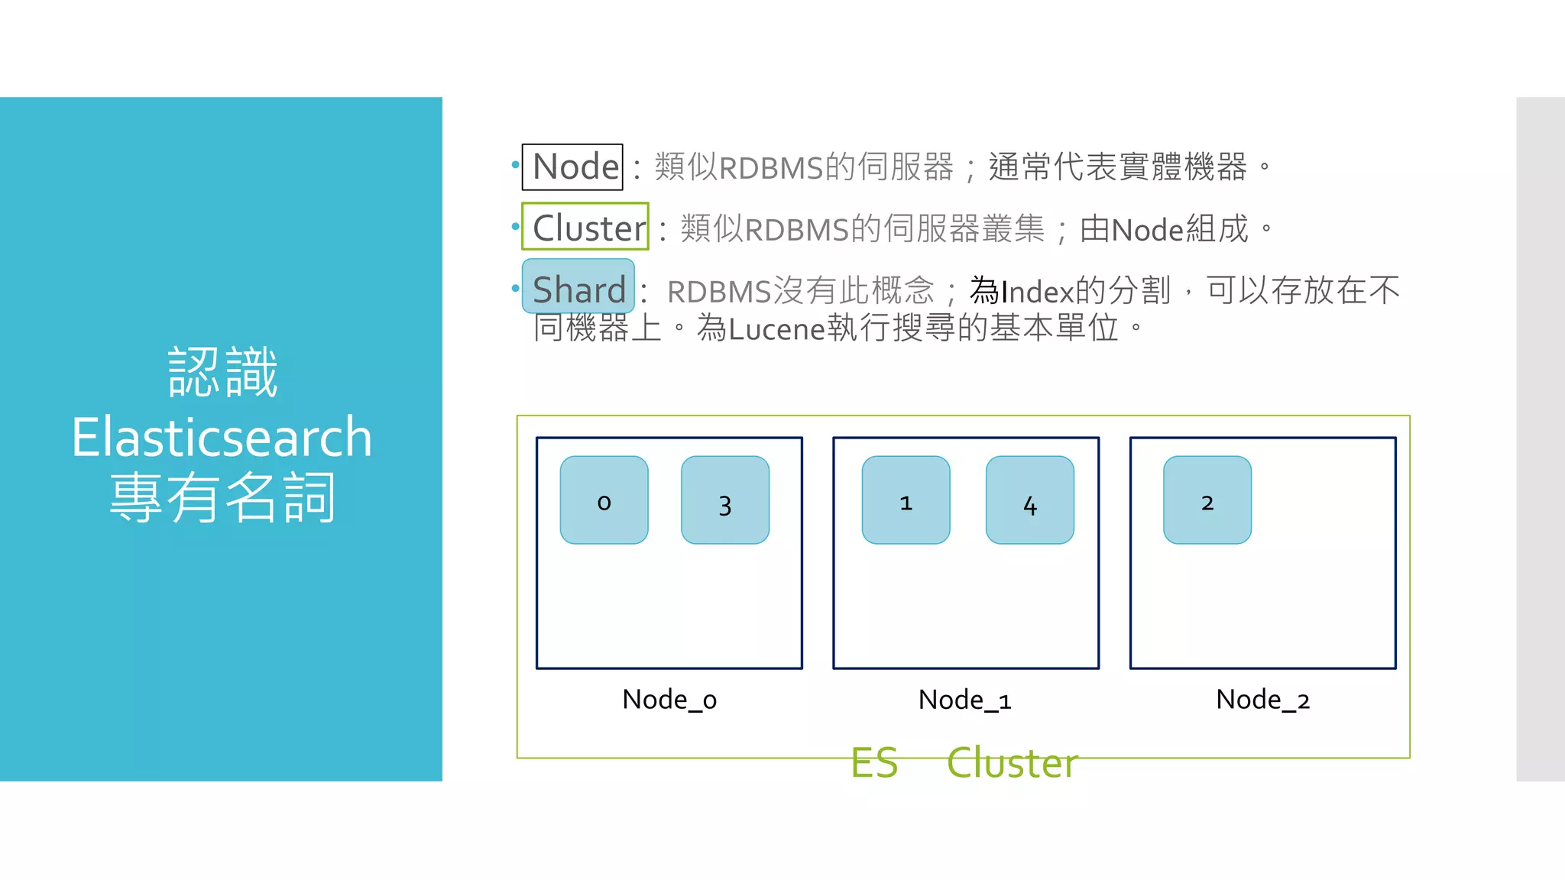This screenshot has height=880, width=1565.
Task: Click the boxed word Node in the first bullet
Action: click(573, 167)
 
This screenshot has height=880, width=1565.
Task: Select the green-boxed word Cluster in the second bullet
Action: click(586, 228)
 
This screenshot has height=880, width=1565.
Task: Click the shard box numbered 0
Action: click(604, 500)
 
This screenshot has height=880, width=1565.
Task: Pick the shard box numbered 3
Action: click(725, 500)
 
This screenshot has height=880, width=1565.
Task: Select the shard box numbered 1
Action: click(906, 500)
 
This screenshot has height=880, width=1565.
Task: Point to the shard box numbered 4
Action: click(1029, 500)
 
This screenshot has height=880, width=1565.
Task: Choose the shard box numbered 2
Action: click(1207, 500)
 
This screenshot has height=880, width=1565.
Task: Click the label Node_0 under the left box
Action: click(669, 700)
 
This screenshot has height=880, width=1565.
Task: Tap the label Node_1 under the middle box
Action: click(965, 700)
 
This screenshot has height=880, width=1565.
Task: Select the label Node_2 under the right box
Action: click(1262, 700)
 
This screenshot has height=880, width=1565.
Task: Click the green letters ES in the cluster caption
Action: click(874, 762)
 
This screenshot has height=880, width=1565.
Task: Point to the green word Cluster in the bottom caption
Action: click(1013, 762)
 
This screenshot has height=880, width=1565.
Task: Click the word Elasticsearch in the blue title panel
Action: click(222, 438)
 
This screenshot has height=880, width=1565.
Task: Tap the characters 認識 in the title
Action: click(222, 373)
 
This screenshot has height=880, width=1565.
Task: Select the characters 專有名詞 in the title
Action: click(222, 497)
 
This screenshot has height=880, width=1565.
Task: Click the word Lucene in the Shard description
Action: click(776, 329)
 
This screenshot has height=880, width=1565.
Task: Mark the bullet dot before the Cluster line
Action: click(516, 226)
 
